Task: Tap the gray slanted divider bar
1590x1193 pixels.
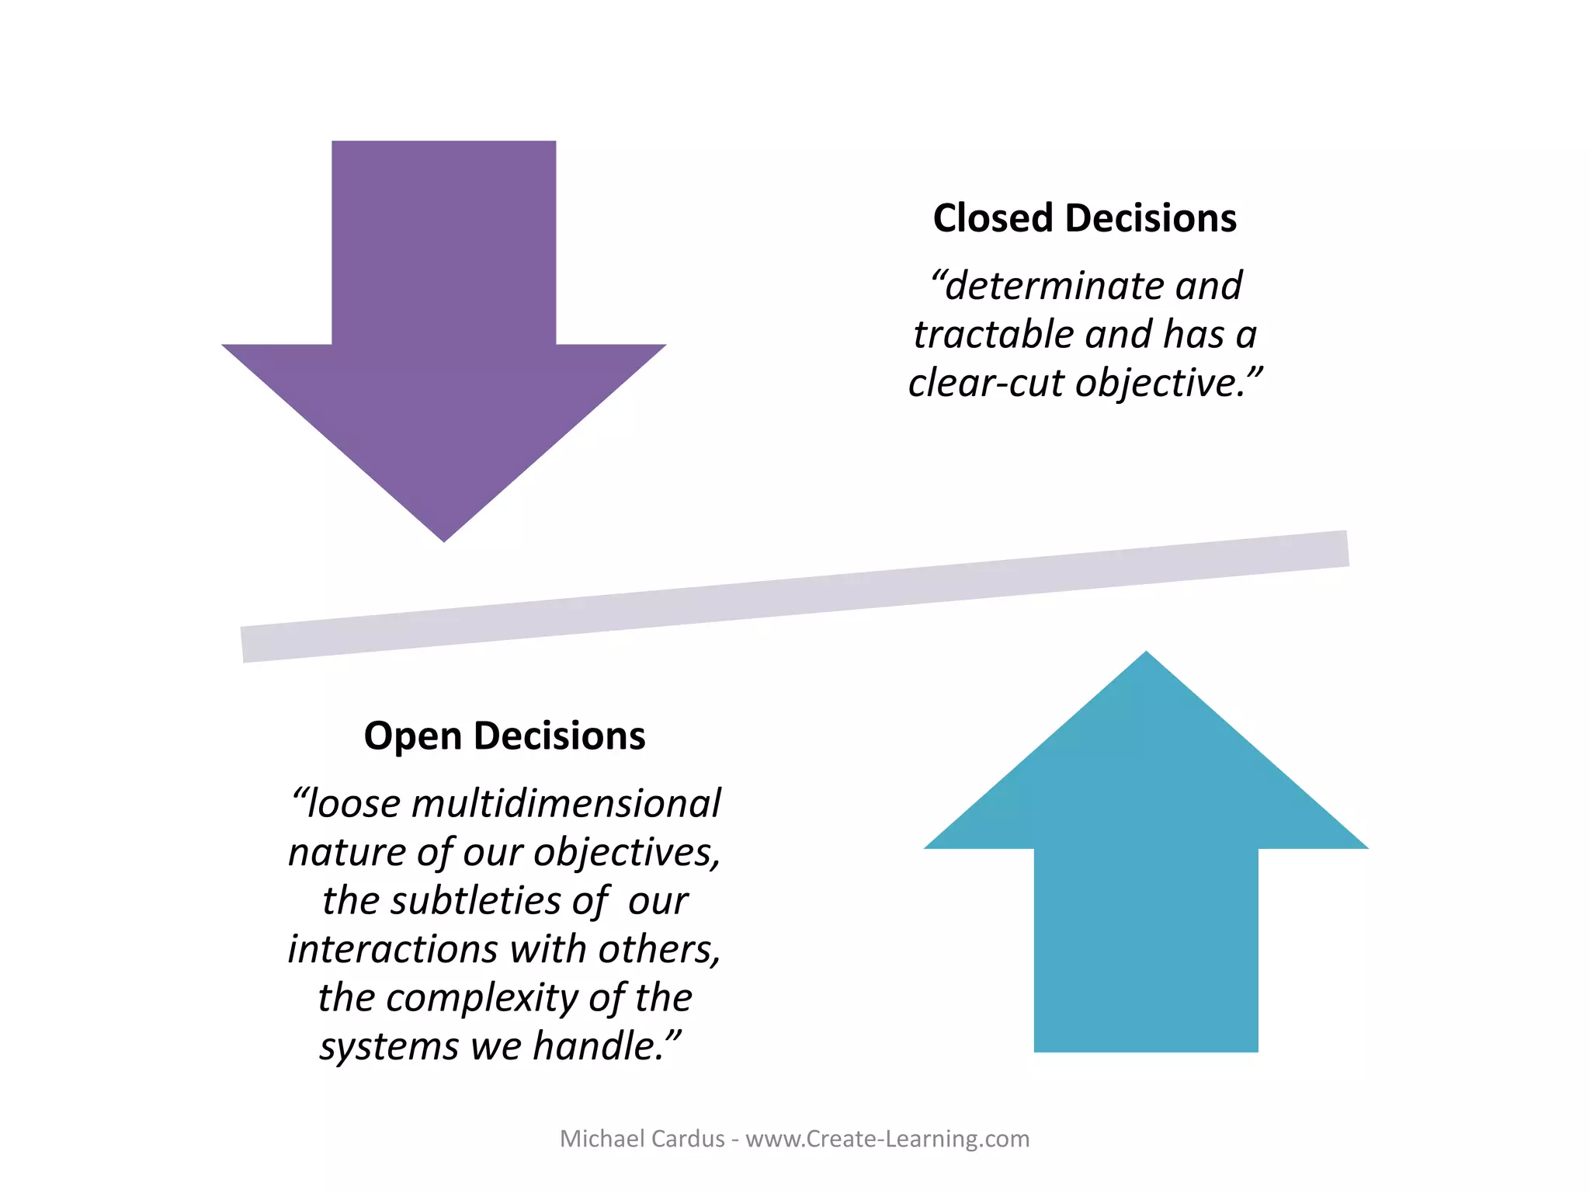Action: click(794, 596)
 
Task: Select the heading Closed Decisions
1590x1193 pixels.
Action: click(1085, 218)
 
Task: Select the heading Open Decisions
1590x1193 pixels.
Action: click(505, 736)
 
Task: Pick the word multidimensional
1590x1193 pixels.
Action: click(566, 803)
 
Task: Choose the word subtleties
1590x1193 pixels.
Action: click(475, 901)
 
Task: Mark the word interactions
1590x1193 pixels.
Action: click(393, 949)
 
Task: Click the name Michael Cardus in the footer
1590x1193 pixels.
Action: click(642, 1139)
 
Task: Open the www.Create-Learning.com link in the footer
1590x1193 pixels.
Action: click(887, 1139)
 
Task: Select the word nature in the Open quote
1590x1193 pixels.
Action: click(346, 852)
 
